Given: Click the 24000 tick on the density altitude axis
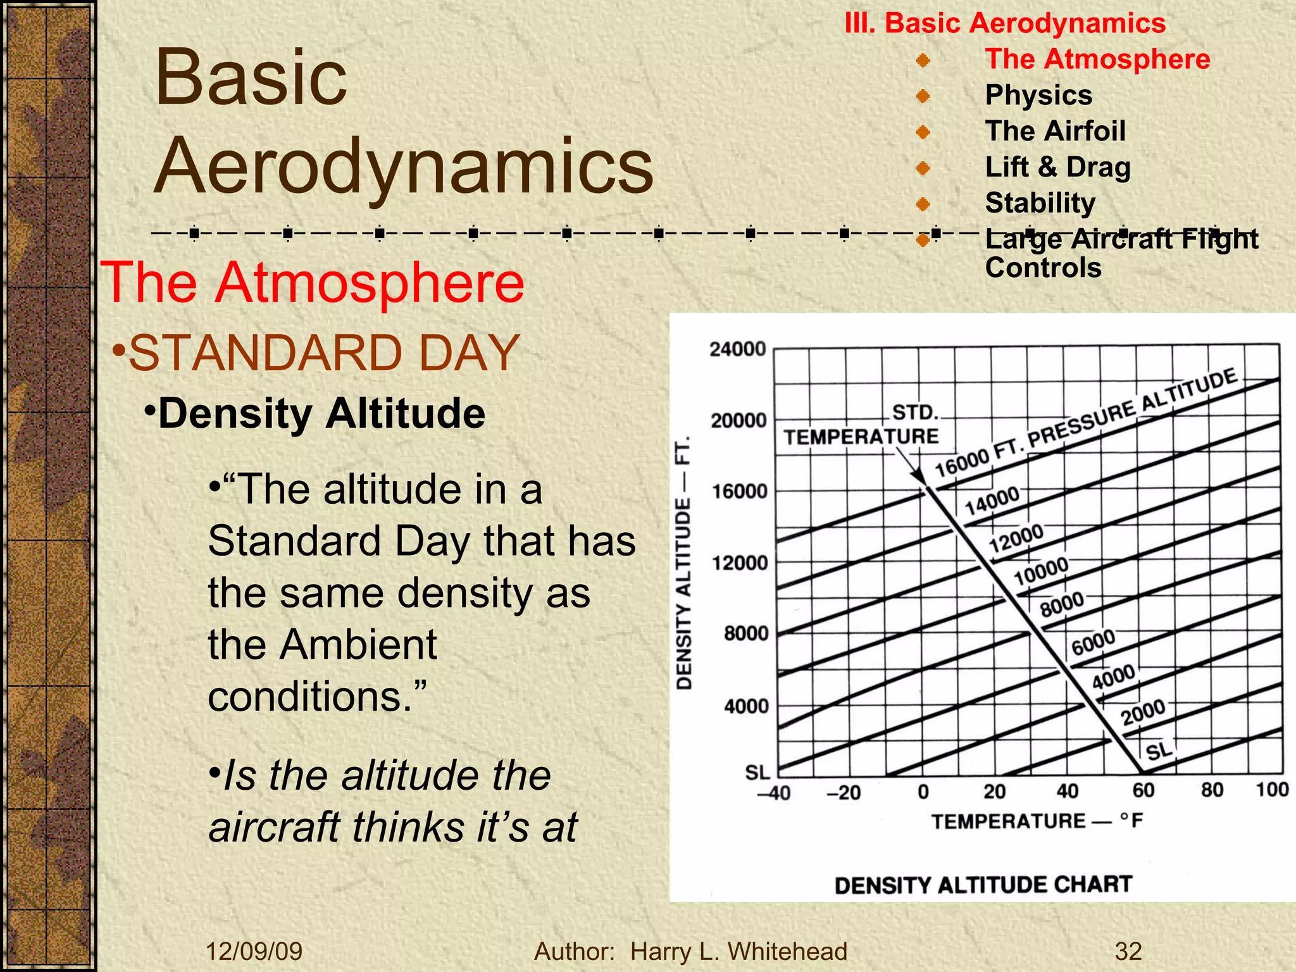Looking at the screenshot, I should [737, 349].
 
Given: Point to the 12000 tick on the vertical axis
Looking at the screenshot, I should [739, 563].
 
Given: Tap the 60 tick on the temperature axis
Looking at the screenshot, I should [1143, 790].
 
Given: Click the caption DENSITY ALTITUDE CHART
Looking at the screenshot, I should [983, 885].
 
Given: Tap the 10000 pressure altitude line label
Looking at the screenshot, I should [1041, 571].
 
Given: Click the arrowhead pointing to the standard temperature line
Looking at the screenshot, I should [918, 478].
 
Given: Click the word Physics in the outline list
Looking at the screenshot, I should [1038, 95].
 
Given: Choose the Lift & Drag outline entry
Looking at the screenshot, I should [1057, 167].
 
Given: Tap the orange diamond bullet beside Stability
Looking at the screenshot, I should [923, 204].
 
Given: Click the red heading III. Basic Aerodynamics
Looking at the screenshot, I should [1005, 23].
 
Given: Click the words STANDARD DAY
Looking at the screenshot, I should [324, 353].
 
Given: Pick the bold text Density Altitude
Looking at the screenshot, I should [321, 414].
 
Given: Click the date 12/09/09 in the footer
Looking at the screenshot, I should [254, 951].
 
